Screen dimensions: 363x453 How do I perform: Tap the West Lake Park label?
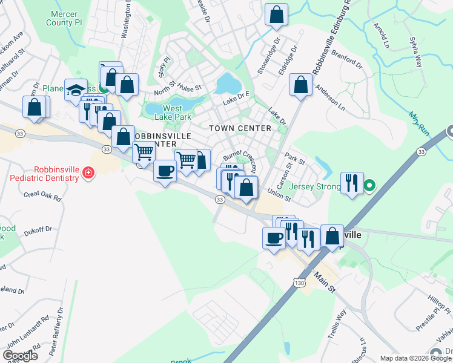click(x=173, y=113)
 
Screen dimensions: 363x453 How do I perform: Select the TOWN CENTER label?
click(x=240, y=128)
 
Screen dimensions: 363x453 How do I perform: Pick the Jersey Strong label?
click(x=314, y=186)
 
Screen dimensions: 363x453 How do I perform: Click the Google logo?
click(x=21, y=356)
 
